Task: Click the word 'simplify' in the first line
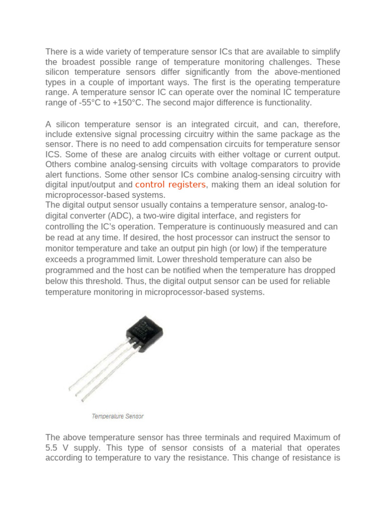pos(325,52)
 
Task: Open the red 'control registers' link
pos(171,185)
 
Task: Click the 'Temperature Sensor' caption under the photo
pos(118,416)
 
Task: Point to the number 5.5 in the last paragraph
pos(52,447)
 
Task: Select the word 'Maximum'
pos(310,437)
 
